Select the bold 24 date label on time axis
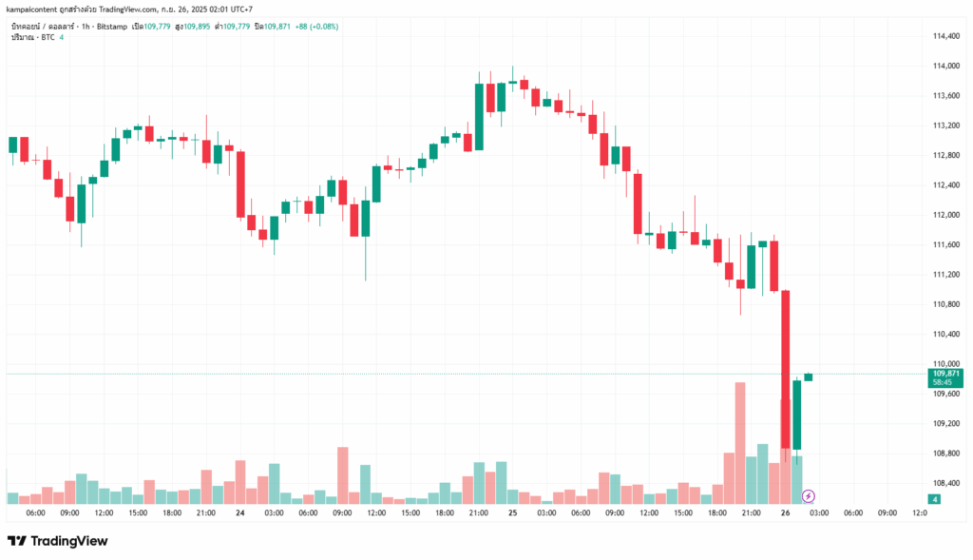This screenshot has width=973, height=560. click(240, 513)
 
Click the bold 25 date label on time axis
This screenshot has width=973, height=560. click(512, 513)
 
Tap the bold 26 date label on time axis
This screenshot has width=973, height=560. click(785, 513)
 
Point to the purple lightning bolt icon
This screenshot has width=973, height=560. click(808, 495)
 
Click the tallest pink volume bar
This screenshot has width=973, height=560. click(739, 442)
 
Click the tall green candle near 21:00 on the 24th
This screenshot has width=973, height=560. click(479, 116)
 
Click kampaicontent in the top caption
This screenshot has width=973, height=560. click(30, 9)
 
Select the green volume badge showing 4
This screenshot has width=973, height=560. click(935, 499)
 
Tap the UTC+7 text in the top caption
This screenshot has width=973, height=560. click(242, 9)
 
